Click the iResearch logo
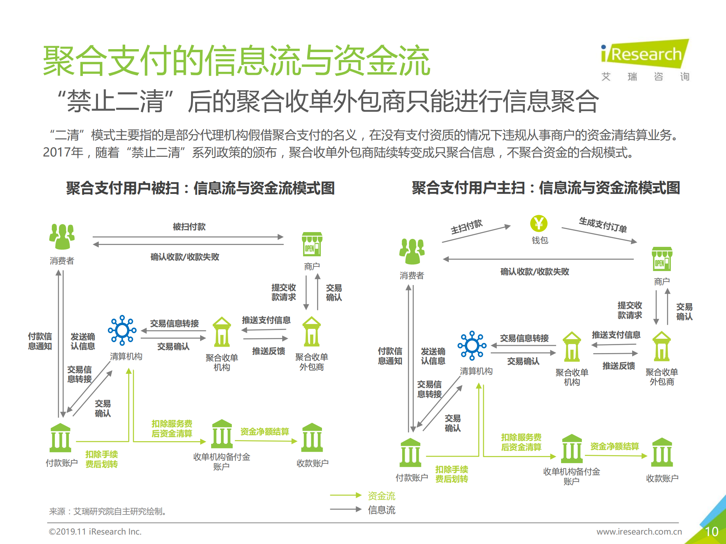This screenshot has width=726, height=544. [645, 54]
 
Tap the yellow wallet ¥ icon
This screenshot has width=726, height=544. [538, 223]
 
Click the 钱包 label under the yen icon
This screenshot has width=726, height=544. [539, 240]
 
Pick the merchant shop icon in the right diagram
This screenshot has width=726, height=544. [662, 259]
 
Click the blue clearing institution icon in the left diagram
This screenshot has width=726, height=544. [122, 330]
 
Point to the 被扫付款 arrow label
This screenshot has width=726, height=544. [189, 227]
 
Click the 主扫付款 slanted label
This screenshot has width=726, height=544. [466, 227]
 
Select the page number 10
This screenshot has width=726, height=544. [711, 532]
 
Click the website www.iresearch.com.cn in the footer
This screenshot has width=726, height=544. [639, 532]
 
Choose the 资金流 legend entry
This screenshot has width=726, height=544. [381, 496]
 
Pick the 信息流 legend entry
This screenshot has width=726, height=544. [381, 510]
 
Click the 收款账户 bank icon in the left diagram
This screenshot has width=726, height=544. [312, 438]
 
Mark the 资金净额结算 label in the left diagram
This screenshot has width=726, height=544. [264, 432]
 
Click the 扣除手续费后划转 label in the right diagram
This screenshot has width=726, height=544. [451, 474]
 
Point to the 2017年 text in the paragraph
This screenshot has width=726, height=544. [63, 152]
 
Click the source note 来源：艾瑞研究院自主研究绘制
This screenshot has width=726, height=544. [108, 511]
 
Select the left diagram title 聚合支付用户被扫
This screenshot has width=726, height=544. [123, 188]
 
